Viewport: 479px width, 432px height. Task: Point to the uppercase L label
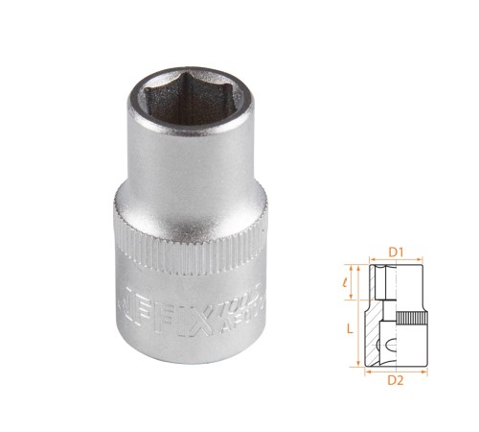tap(349, 327)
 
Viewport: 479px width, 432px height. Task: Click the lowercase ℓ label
tap(353, 282)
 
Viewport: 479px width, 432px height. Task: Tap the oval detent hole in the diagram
tap(388, 341)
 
